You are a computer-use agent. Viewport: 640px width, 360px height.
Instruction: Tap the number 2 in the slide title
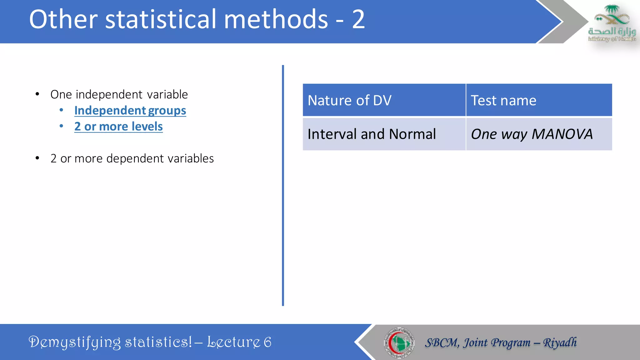tap(358, 19)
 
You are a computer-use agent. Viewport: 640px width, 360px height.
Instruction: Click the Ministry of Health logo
tap(612, 23)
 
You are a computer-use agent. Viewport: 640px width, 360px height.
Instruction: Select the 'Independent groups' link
tap(130, 111)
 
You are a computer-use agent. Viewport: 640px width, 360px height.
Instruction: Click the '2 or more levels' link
tap(118, 127)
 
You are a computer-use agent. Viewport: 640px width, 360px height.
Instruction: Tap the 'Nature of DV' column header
tap(349, 101)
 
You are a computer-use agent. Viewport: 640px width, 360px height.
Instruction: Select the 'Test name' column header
tap(503, 101)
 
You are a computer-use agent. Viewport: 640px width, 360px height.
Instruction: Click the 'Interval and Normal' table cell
tap(372, 134)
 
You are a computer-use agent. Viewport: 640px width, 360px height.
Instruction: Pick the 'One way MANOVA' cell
tap(532, 134)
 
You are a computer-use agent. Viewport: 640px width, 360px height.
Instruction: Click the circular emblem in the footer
tap(399, 342)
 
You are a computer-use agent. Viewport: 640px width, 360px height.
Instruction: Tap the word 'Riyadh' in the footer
tap(560, 342)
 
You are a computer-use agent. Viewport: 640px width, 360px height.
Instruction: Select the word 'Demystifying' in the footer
tap(74, 342)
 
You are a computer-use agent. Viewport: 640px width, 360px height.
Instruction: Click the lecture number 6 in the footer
tap(267, 342)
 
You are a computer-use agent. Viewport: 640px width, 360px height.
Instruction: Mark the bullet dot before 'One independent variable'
tap(37, 94)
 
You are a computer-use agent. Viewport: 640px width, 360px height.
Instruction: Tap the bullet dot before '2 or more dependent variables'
tap(37, 158)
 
